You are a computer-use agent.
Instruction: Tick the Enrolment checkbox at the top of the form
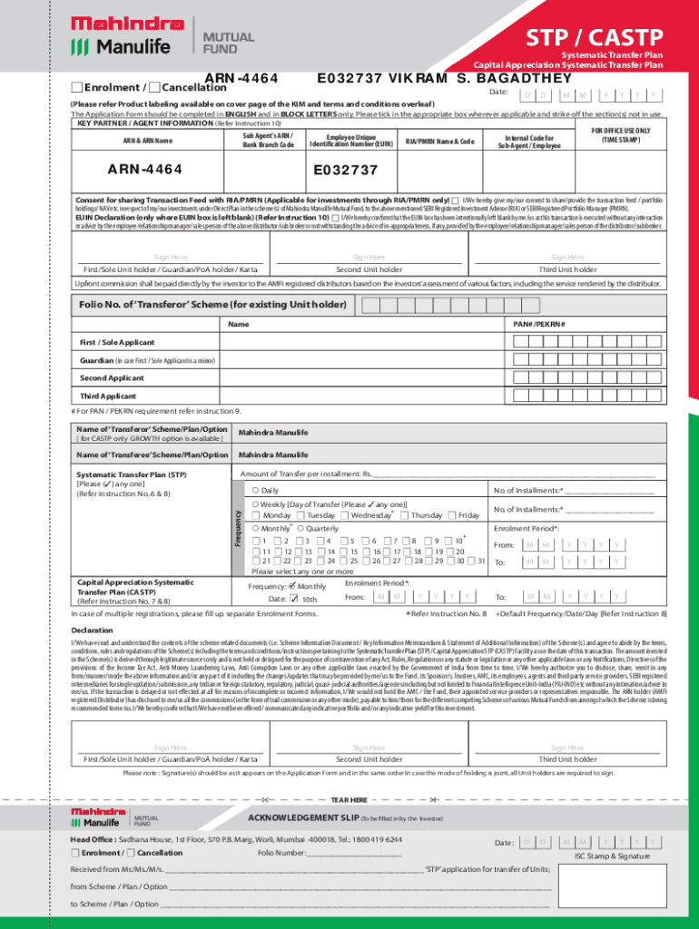(76, 87)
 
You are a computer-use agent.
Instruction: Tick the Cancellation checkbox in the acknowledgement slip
(130, 853)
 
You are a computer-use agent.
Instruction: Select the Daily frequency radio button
(256, 491)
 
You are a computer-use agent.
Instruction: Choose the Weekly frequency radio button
(256, 504)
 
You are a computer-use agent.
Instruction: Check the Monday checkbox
(258, 515)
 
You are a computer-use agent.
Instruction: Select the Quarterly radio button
(300, 528)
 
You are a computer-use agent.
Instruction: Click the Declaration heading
(93, 630)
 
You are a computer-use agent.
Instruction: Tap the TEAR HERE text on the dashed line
(349, 799)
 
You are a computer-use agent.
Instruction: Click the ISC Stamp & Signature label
(612, 856)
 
